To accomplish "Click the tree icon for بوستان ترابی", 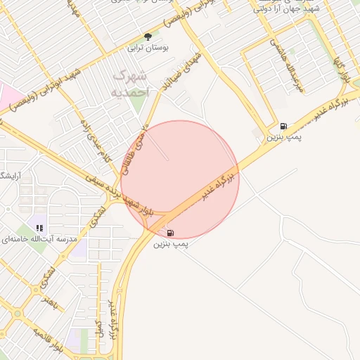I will point(148,37).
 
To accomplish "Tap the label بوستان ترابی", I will point(143,49).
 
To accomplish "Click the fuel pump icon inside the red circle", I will point(171,232).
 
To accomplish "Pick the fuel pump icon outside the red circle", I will point(283,126).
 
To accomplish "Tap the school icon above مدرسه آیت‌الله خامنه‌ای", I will point(39,228).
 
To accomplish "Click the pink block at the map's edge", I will point(7,94).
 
